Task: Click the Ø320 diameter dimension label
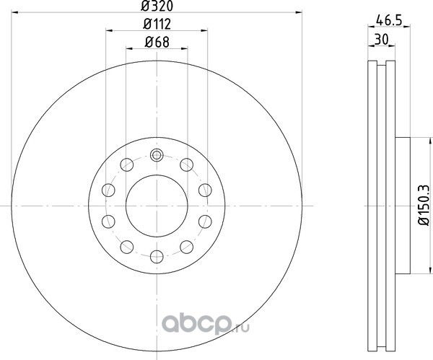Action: click(157, 6)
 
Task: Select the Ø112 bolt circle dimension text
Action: click(157, 24)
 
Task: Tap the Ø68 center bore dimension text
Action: click(157, 43)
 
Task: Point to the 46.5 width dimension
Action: click(388, 21)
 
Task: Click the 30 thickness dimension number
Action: click(382, 39)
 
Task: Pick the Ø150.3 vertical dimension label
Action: click(425, 205)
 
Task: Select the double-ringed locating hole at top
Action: click(157, 155)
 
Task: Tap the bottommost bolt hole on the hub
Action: click(157, 256)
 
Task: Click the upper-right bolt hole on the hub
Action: click(186, 164)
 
